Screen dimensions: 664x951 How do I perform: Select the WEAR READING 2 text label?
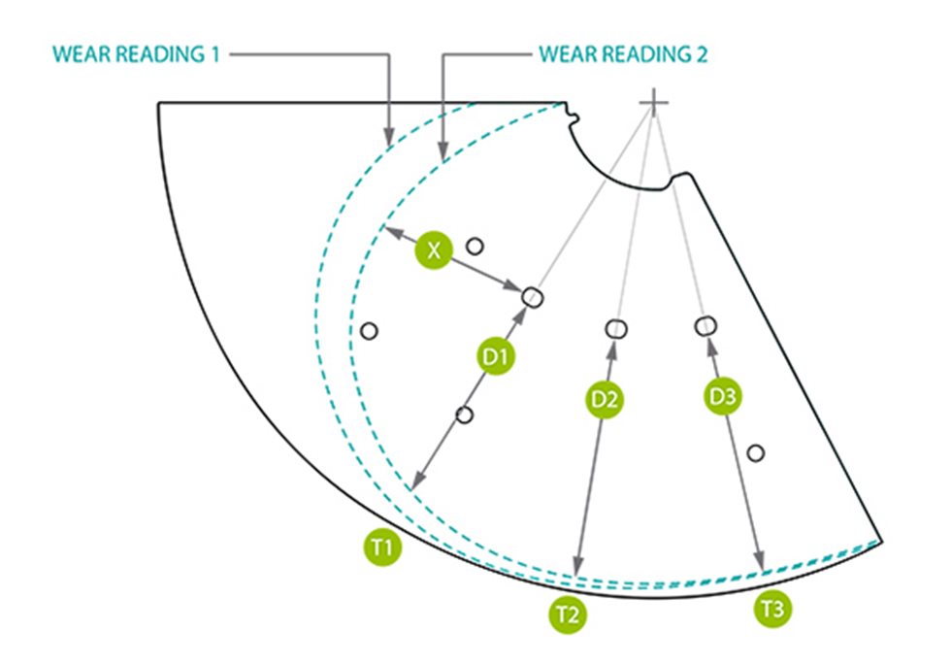pyautogui.click(x=623, y=54)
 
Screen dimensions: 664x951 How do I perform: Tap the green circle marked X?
pyautogui.click(x=434, y=250)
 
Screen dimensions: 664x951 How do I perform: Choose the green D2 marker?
pyautogui.click(x=604, y=398)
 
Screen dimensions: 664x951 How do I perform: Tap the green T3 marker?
pyautogui.click(x=773, y=609)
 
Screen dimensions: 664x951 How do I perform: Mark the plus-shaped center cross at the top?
pyautogui.click(x=654, y=101)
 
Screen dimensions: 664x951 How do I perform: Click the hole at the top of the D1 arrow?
pyautogui.click(x=531, y=297)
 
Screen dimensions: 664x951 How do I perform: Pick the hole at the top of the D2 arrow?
pyautogui.click(x=615, y=328)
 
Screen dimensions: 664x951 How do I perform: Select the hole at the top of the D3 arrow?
pyautogui.click(x=705, y=325)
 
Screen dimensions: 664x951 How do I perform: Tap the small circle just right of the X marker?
pyautogui.click(x=475, y=246)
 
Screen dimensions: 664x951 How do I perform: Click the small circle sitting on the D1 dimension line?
pyautogui.click(x=464, y=415)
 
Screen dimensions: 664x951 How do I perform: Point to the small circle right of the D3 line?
pyautogui.click(x=756, y=452)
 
